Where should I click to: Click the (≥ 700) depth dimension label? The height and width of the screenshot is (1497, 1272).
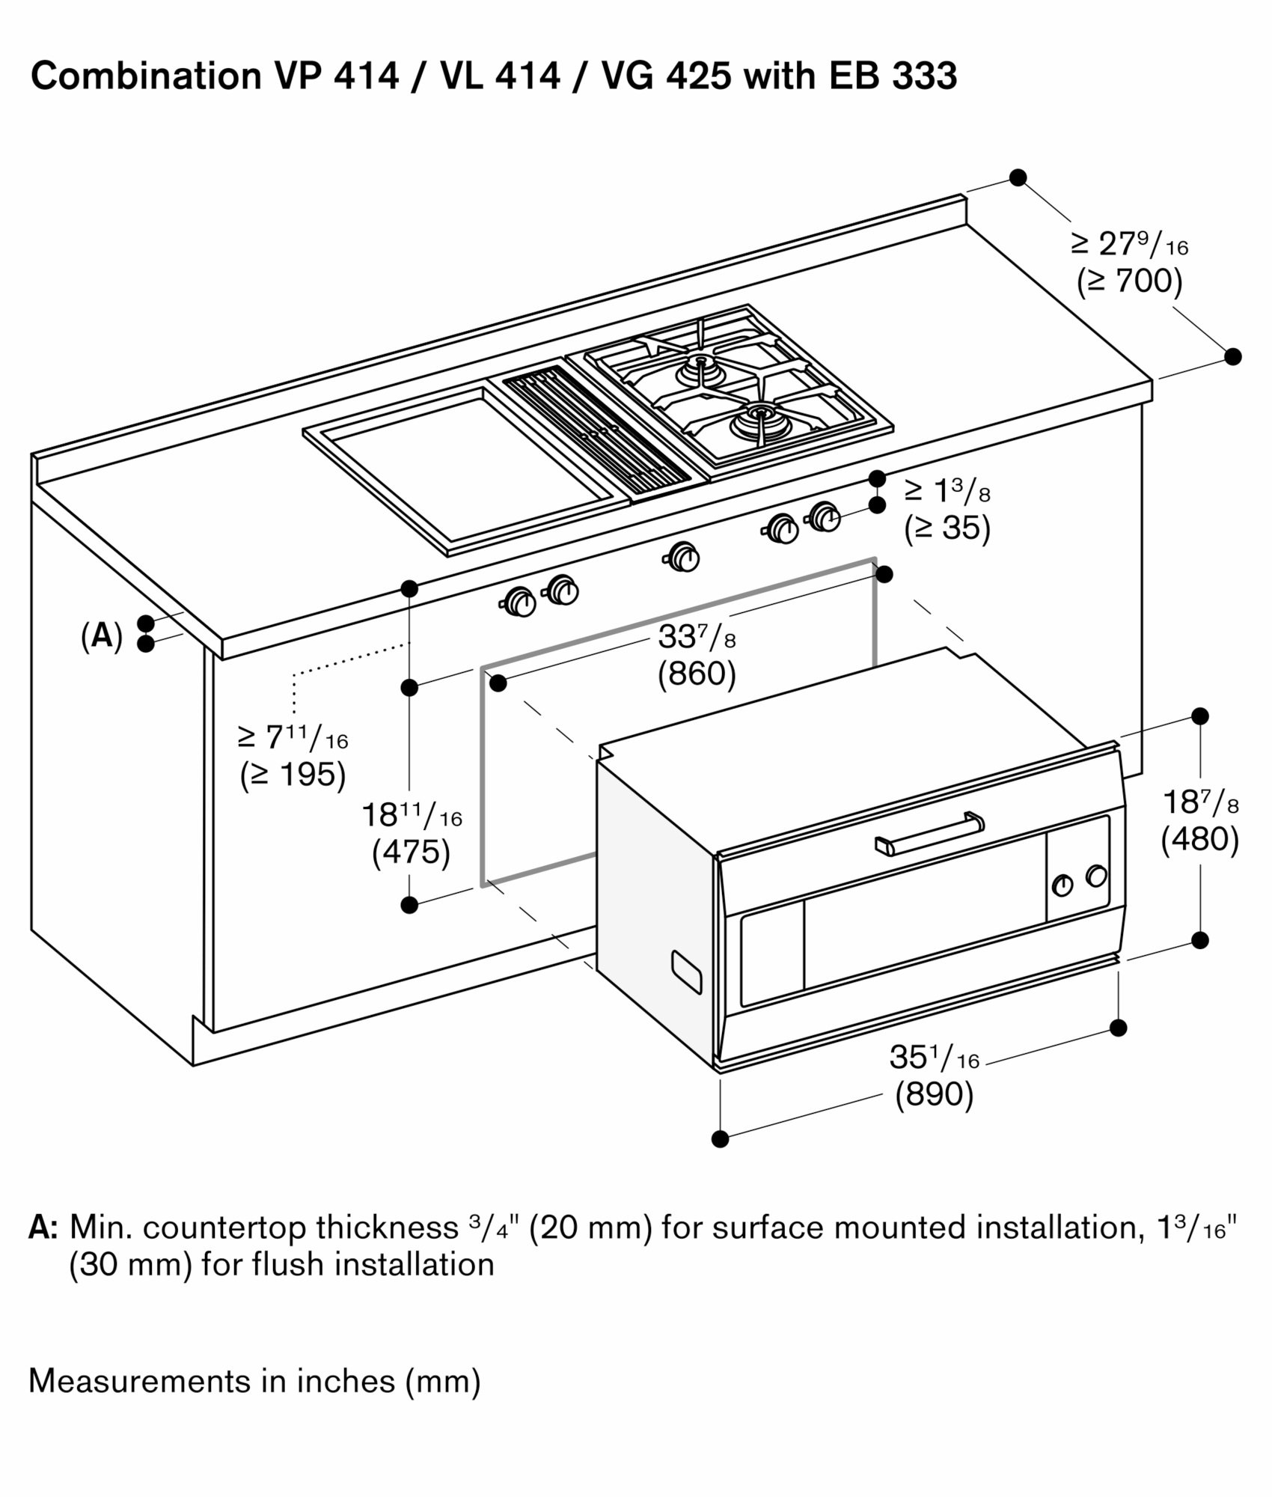tap(1130, 281)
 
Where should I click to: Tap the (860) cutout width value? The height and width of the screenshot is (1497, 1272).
tap(697, 674)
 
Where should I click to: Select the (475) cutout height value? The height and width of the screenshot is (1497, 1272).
tap(411, 853)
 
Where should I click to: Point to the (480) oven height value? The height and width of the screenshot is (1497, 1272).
tap(1200, 839)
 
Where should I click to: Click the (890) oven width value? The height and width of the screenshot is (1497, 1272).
tap(935, 1094)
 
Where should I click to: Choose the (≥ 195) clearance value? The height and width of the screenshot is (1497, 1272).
tap(293, 775)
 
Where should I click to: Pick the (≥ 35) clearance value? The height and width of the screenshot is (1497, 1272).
tap(947, 528)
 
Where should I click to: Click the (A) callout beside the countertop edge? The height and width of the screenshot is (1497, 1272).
tap(102, 635)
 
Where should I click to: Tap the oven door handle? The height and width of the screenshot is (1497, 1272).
tap(929, 833)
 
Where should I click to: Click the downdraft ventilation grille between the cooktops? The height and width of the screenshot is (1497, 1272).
tap(597, 433)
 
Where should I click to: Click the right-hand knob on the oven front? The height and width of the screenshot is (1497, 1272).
tap(1096, 875)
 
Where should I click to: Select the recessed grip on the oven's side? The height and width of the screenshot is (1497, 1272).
tap(687, 972)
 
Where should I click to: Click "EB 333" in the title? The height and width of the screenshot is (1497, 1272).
tap(893, 76)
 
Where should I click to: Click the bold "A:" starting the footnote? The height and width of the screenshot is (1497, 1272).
tap(43, 1228)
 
